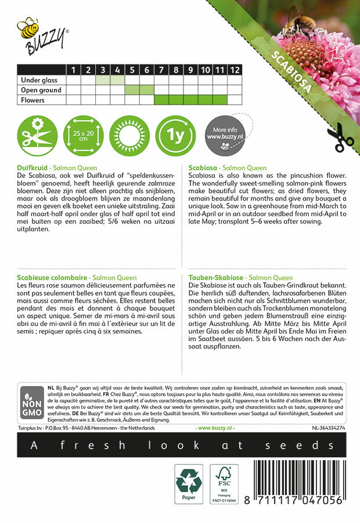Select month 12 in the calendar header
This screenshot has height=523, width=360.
(x=234, y=70)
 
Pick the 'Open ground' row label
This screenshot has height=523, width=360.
(x=41, y=90)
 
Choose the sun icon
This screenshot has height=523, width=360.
(x=128, y=134)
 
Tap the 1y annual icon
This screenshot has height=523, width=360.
(x=175, y=134)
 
